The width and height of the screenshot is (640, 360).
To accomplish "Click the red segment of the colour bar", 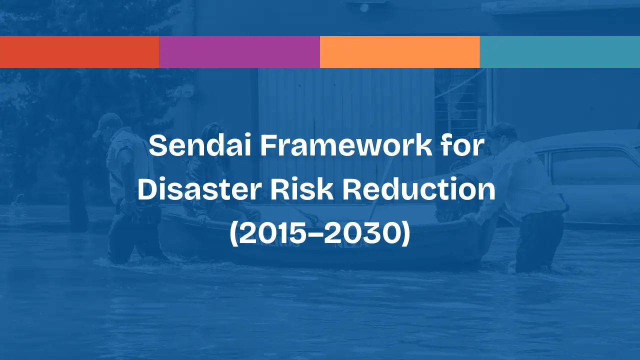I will (80, 52).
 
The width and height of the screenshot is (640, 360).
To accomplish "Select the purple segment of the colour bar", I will (240, 52).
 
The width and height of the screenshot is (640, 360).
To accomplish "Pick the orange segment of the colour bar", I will (400, 52).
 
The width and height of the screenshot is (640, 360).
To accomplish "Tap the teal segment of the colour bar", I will (560, 52).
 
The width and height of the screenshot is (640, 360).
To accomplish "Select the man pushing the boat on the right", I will (525, 200).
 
